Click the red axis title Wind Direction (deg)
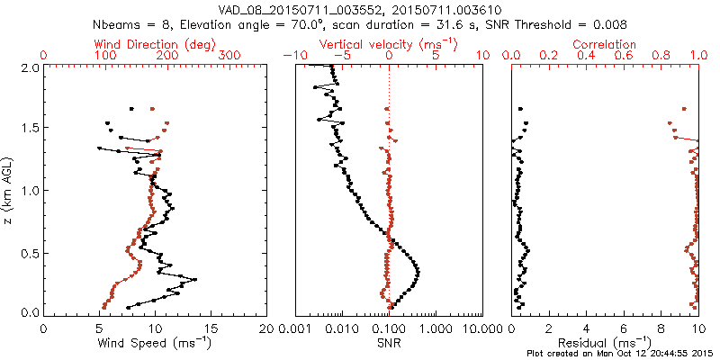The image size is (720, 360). click(x=155, y=44)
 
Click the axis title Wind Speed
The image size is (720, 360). click(x=155, y=342)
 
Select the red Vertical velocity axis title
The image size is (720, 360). click(x=387, y=44)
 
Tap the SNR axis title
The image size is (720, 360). click(x=388, y=342)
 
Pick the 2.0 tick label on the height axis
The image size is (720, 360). click(x=29, y=67)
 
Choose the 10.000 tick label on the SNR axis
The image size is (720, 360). click(x=478, y=329)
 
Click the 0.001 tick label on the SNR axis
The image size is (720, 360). click(x=296, y=329)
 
